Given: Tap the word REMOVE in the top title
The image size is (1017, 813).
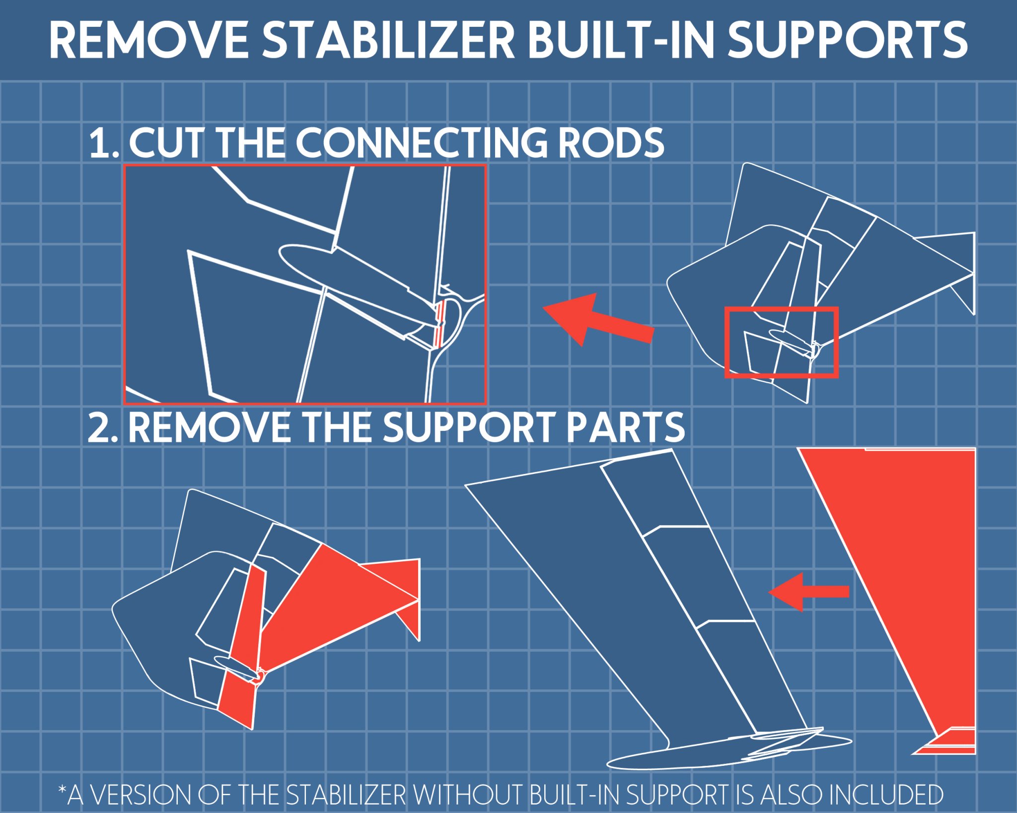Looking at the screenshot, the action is click(x=149, y=40).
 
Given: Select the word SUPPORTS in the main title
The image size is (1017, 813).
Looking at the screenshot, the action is click(x=848, y=40).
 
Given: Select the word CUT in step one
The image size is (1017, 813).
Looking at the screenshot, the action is click(x=166, y=143).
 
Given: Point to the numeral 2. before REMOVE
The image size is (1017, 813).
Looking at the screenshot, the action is click(x=103, y=427).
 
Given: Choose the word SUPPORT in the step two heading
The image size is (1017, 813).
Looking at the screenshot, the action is click(x=469, y=427).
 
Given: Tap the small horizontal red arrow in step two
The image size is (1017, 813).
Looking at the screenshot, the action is click(x=809, y=592).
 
